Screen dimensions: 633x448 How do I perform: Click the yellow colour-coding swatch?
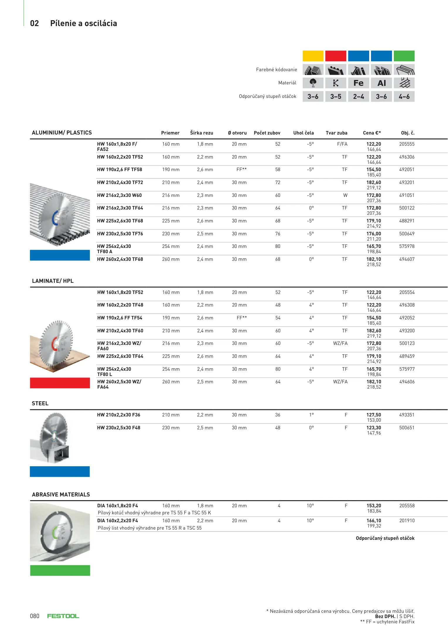pyautogui.click(x=313, y=56)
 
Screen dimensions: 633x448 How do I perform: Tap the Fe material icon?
pyautogui.click(x=358, y=83)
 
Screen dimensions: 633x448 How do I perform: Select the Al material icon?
pyautogui.click(x=381, y=83)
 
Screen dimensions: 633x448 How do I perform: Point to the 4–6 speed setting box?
pyautogui.click(x=404, y=96)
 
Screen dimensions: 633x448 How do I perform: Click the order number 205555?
pyautogui.click(x=407, y=144)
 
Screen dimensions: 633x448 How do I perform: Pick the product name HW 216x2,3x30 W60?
pyautogui.click(x=119, y=195)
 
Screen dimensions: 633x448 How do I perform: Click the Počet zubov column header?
pyautogui.click(x=267, y=133)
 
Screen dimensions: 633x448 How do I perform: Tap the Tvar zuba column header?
pyautogui.click(x=336, y=133)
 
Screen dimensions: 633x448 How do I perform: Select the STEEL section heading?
pyautogui.click(x=40, y=404)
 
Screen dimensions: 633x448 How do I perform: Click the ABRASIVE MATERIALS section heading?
pyautogui.click(x=61, y=495)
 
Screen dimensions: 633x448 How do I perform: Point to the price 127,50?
pyautogui.click(x=374, y=415)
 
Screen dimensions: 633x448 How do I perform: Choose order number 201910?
pyautogui.click(x=407, y=521)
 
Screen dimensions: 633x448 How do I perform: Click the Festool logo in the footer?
pyautogui.click(x=63, y=616)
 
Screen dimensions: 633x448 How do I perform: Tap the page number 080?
pyautogui.click(x=35, y=616)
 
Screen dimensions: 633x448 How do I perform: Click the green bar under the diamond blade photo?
pyautogui.click(x=60, y=570)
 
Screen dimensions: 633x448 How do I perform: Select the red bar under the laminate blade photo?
pyautogui.click(x=60, y=383)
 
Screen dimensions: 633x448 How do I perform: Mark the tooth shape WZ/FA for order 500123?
pyautogui.click(x=340, y=343)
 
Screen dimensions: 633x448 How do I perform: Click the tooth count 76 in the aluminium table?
pyautogui.click(x=277, y=234)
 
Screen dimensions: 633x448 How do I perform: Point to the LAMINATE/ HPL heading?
pyautogui.click(x=53, y=281)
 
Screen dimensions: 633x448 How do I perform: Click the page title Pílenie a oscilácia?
pyautogui.click(x=84, y=23)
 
